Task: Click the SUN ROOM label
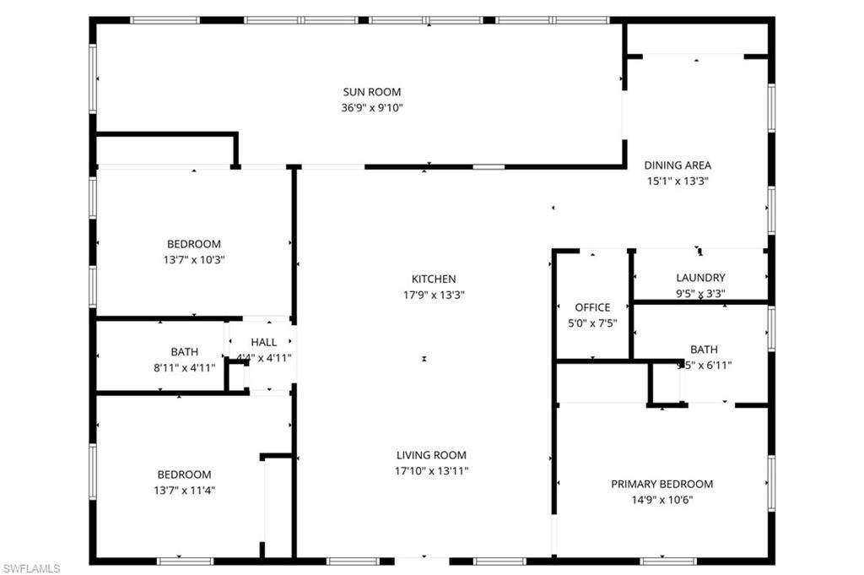371,92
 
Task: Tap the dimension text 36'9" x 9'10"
371,107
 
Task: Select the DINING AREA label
678,165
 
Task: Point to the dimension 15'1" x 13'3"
678,181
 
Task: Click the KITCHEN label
434,279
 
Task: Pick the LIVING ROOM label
432,455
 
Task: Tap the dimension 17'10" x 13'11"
432,470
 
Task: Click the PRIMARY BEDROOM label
661,484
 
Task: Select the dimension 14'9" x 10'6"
661,499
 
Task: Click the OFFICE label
592,307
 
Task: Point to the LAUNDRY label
700,278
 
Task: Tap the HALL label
263,342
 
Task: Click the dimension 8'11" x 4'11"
185,367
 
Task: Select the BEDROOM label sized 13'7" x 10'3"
193,244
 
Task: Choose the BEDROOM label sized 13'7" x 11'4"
184,475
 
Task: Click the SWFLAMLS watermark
31,568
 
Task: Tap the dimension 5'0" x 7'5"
592,323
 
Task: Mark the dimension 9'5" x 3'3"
700,293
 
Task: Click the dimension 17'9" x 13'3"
434,295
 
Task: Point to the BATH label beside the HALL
185,352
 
